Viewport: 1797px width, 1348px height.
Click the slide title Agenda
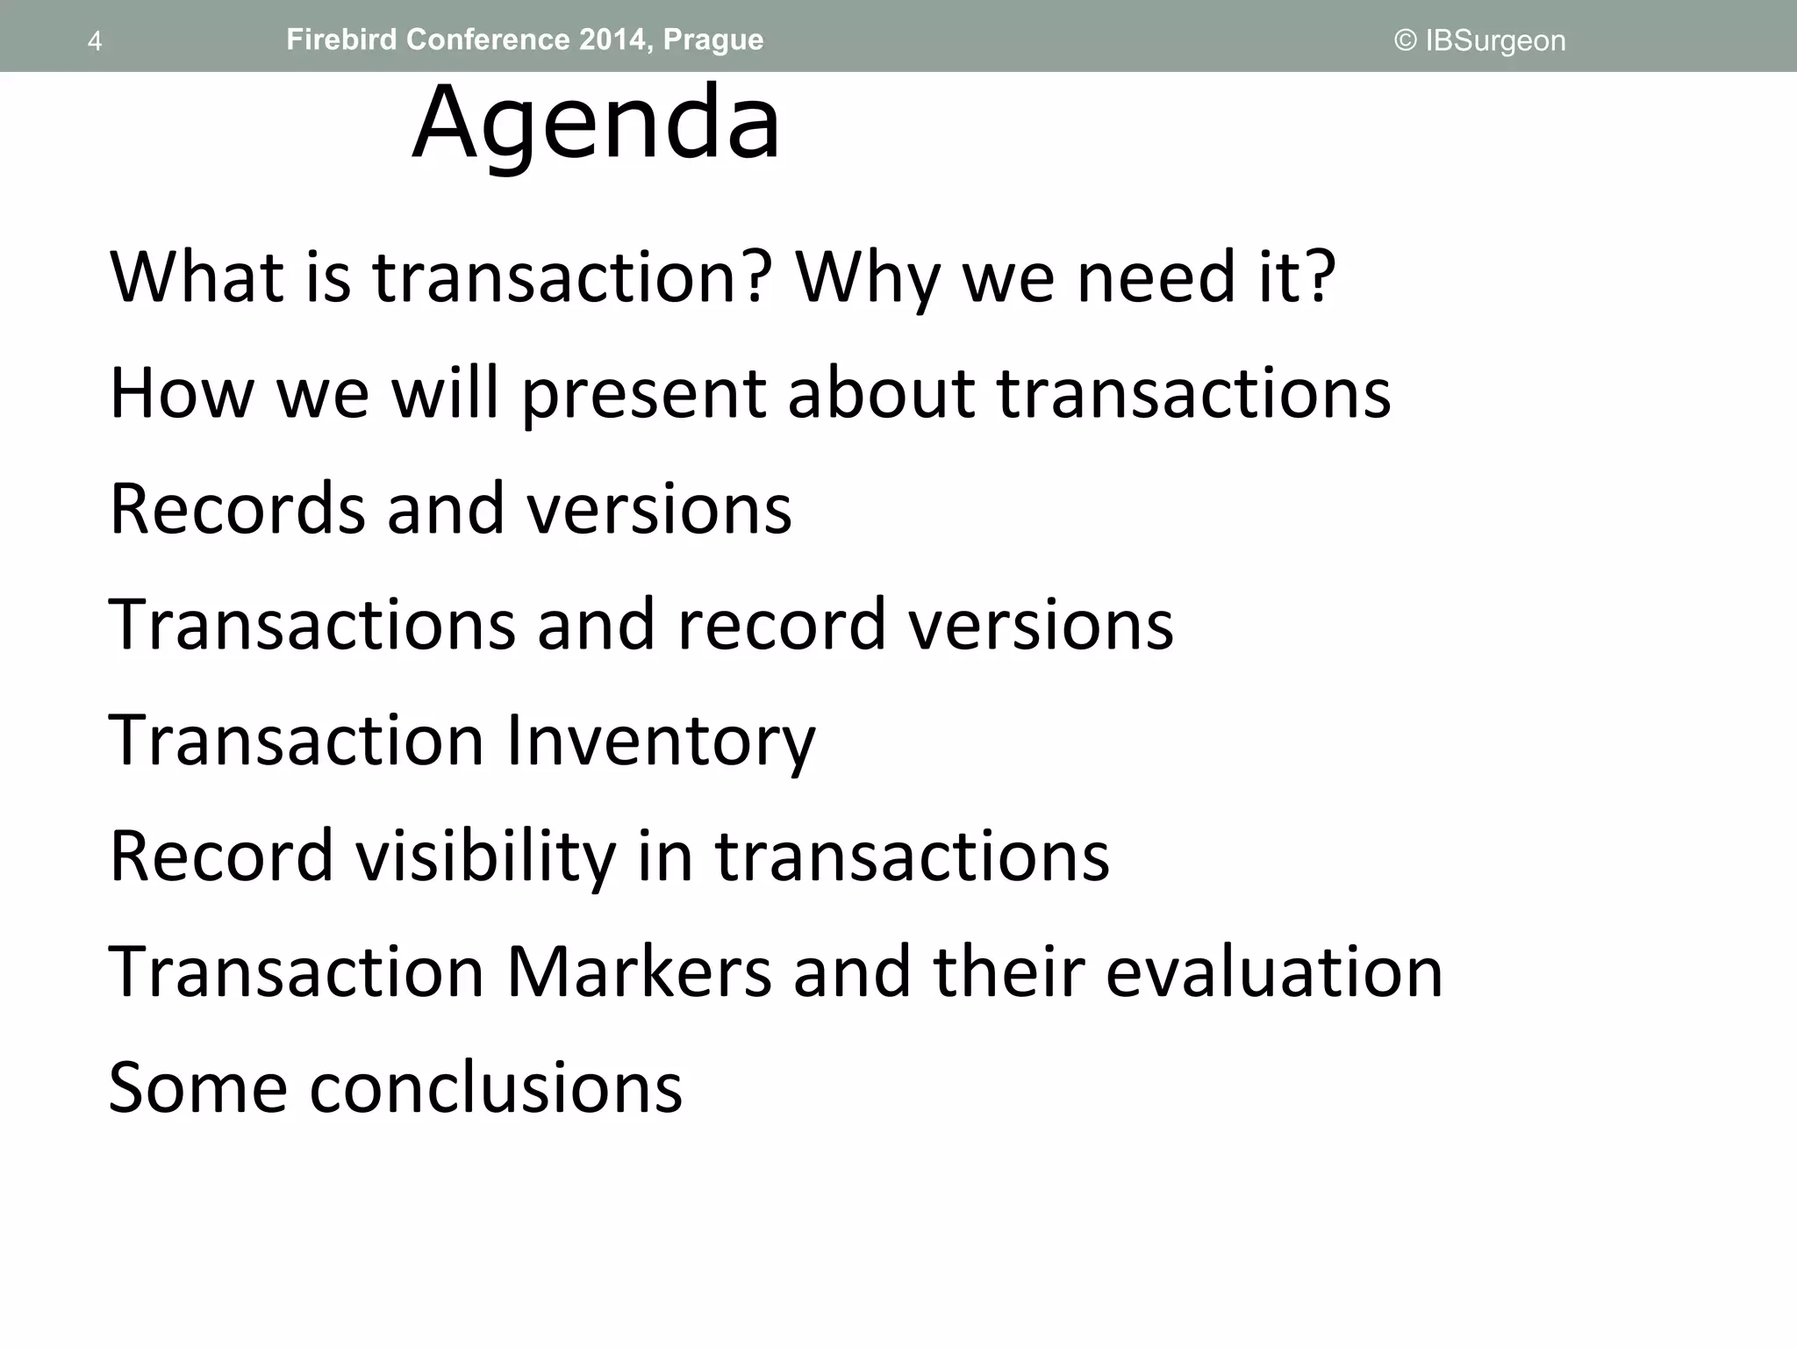(x=596, y=123)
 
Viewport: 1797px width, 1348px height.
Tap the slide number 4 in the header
(x=95, y=41)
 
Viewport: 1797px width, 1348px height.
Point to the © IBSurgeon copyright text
(x=1479, y=41)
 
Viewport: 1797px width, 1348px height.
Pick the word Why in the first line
(x=867, y=278)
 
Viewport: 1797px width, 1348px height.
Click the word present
(x=643, y=394)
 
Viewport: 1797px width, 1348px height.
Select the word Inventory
(x=662, y=741)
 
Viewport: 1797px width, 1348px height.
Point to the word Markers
(x=639, y=972)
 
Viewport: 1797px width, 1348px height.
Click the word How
(x=182, y=394)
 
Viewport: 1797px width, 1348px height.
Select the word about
(x=881, y=394)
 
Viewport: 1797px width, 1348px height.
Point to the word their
(x=1008, y=972)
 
